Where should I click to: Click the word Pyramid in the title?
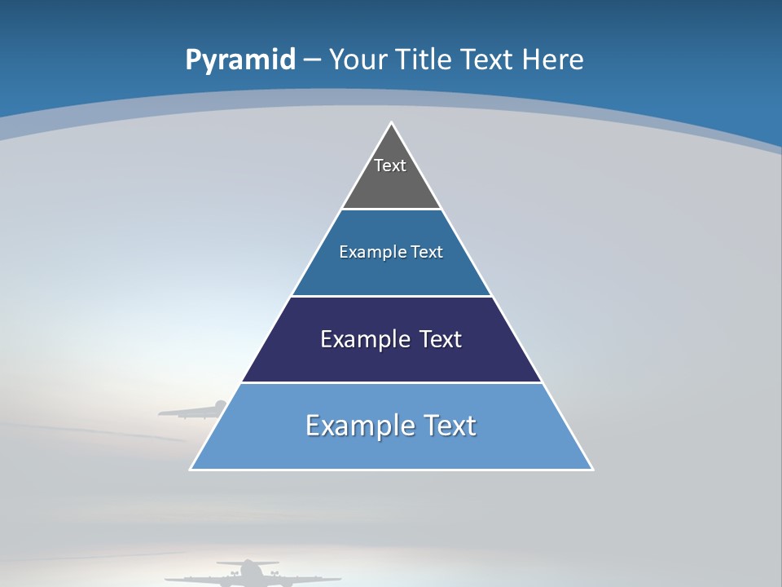(x=240, y=60)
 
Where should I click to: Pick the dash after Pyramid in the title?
(x=312, y=60)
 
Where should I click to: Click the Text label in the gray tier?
(x=390, y=166)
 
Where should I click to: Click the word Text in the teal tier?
(x=427, y=252)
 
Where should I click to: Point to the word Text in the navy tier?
(x=440, y=339)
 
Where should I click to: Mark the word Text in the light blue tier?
(x=449, y=426)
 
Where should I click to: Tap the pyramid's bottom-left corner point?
(x=191, y=469)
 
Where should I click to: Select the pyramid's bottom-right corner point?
(x=592, y=469)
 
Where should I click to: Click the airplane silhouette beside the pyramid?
(x=195, y=410)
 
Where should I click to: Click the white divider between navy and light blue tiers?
(x=392, y=382)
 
